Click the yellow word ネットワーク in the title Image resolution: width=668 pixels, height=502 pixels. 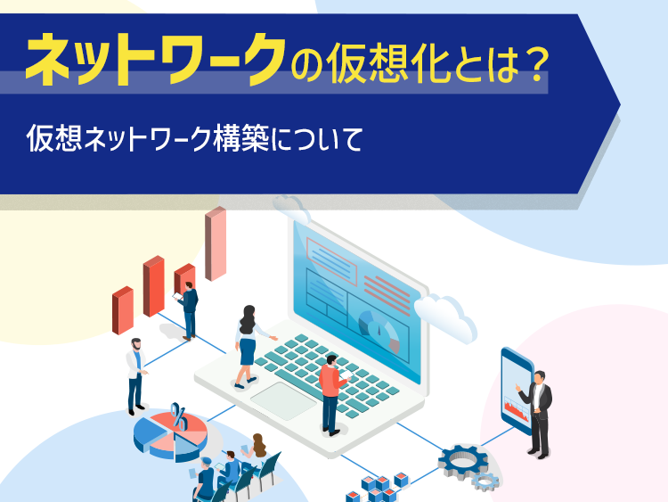click(x=156, y=59)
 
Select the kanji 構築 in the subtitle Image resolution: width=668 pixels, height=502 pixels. click(x=241, y=138)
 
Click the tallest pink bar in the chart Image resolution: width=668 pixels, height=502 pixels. click(x=216, y=243)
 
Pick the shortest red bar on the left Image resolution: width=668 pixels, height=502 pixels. click(x=123, y=310)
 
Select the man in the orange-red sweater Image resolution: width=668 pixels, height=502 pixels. click(x=332, y=394)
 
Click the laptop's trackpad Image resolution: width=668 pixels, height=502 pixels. click(x=283, y=400)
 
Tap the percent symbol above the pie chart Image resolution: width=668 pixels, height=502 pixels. click(x=179, y=416)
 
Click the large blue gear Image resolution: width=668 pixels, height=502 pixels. click(x=463, y=462)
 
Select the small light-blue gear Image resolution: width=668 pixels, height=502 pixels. click(x=485, y=482)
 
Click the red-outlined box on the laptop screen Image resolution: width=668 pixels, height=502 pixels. click(x=331, y=261)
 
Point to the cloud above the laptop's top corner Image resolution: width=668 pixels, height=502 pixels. click(x=292, y=209)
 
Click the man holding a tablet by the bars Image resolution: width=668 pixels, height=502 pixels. click(x=188, y=311)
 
